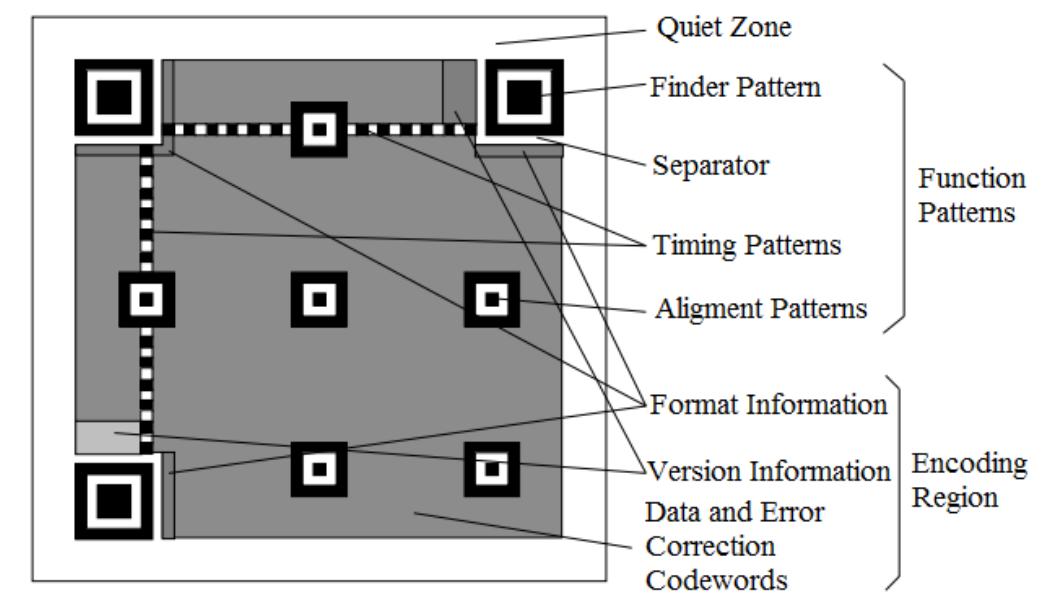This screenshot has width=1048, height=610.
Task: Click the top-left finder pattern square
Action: (x=114, y=98)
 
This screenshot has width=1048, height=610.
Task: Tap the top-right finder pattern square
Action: (x=523, y=98)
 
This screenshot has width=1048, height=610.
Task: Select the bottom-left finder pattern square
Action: (x=114, y=499)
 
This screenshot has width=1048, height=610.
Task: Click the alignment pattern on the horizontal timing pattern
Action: (x=319, y=129)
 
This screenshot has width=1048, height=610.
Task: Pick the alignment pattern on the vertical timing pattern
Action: (x=146, y=298)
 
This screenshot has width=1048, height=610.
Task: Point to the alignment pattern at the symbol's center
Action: (x=319, y=298)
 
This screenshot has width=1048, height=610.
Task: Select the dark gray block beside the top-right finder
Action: (x=459, y=91)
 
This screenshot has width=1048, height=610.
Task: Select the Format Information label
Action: (x=768, y=406)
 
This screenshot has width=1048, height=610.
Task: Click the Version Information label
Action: (x=769, y=469)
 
